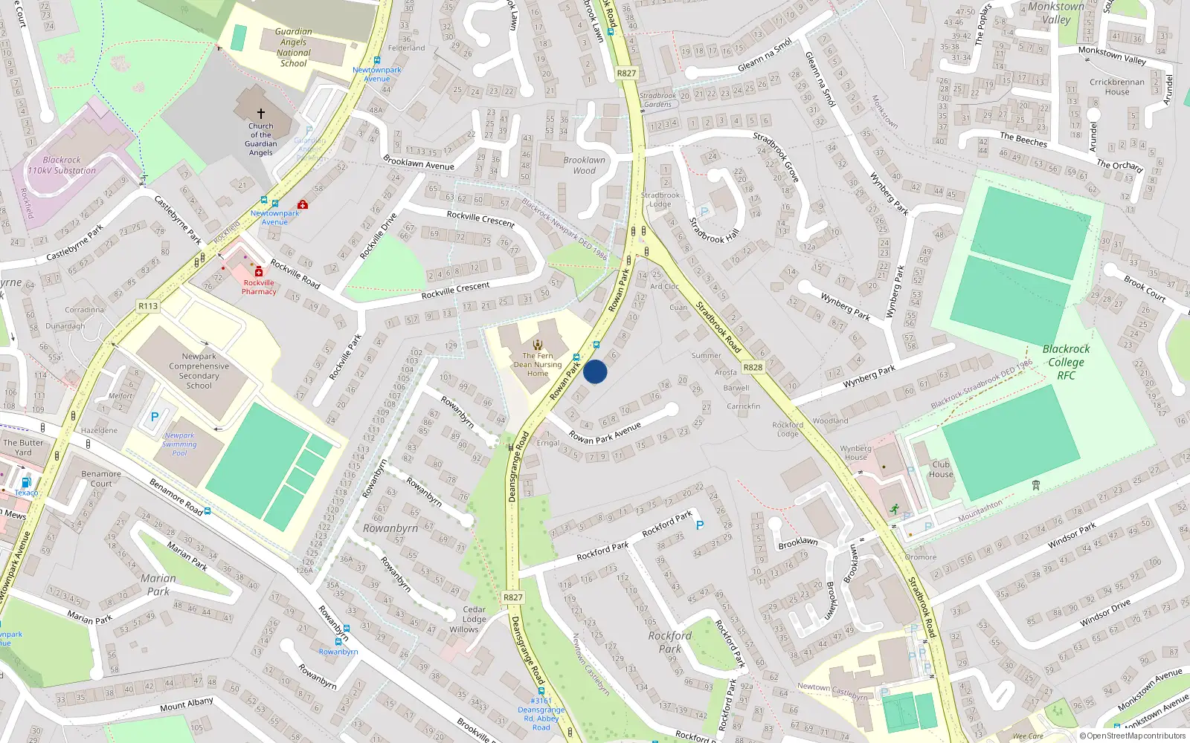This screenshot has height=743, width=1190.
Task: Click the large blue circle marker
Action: coord(595,371)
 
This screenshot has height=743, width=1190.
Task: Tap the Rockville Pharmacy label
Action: coord(259,287)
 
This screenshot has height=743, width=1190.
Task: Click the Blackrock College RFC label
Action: coord(1066,362)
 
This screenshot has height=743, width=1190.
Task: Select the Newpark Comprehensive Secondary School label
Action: coord(199,371)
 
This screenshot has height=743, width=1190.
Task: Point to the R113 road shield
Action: coord(148,306)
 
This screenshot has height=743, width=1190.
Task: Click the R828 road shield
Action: coord(753,367)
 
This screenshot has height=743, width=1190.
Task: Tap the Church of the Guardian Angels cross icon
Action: coord(261,114)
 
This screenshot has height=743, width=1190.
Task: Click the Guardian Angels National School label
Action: coord(294,48)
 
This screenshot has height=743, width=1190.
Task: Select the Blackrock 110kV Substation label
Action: coord(62,165)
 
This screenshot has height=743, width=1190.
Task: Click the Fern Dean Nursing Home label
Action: coord(538,364)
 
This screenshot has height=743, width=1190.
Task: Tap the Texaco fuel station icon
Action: coord(27,482)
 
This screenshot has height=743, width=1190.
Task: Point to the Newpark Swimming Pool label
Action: coord(179,444)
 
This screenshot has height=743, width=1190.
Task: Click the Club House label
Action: coord(941,469)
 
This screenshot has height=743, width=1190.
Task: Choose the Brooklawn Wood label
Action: coord(584,165)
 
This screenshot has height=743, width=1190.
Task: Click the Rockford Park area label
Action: coord(669,642)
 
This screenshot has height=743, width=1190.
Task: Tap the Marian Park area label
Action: coord(158,585)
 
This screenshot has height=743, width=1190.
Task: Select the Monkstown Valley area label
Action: coord(1056,13)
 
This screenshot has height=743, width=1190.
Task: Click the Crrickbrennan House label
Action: coord(1116,87)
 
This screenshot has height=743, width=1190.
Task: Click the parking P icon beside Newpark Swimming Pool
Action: coord(155,417)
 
